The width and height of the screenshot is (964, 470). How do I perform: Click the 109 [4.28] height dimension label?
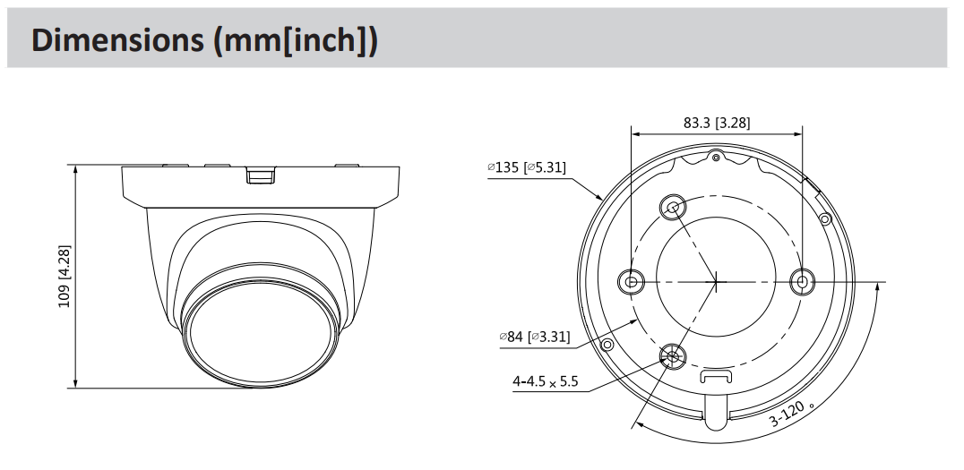(65, 276)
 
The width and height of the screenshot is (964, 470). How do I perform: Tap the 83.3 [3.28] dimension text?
(717, 123)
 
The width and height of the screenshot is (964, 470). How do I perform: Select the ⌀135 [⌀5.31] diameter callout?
(526, 167)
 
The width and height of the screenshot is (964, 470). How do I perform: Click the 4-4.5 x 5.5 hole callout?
(545, 381)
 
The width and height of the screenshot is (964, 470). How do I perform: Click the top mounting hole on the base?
(672, 208)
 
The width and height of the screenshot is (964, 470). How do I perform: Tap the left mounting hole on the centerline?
(631, 282)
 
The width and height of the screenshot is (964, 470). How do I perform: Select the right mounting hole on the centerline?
(802, 282)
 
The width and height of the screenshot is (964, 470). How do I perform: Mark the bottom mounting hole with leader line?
(672, 357)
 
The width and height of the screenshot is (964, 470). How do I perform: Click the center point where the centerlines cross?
(717, 282)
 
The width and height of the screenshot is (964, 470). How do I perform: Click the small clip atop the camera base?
(260, 175)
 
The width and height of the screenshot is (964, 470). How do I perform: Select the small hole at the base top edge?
(716, 158)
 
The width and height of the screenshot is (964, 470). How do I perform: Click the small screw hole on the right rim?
(824, 218)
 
